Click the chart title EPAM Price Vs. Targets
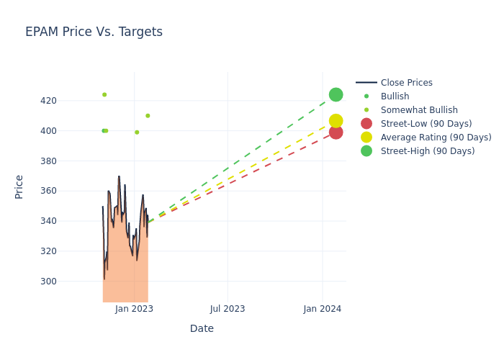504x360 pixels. point(94,32)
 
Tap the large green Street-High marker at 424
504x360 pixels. point(336,94)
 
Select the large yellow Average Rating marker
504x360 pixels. point(336,121)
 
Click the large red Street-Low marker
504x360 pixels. point(336,132)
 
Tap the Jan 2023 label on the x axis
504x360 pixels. point(134,309)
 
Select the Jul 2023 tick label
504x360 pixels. point(228,309)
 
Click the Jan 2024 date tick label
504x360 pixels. point(322,309)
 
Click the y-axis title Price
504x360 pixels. point(19,186)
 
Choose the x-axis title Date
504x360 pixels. point(202,329)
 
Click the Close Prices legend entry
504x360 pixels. point(406,83)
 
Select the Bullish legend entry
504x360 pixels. point(395,96)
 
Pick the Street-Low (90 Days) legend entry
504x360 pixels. point(426,124)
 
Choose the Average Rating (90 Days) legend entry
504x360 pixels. point(436,138)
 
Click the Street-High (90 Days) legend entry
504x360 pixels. point(428,151)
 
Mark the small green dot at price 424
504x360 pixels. point(104,94)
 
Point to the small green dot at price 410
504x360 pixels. point(148,116)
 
